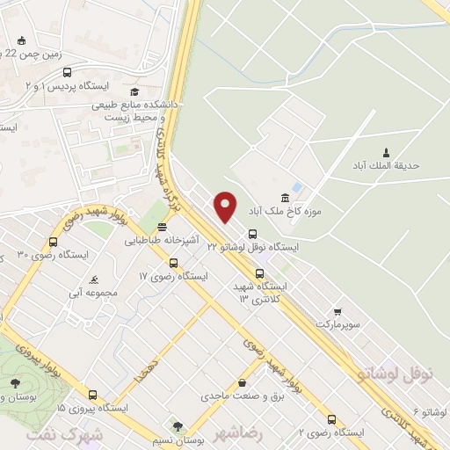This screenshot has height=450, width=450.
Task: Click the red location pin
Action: (x=226, y=206)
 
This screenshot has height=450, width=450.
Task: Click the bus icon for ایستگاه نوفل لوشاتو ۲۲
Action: (x=253, y=234)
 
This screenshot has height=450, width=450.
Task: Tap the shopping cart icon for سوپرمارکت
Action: (x=337, y=311)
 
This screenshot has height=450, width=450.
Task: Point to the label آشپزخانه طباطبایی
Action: (x=162, y=239)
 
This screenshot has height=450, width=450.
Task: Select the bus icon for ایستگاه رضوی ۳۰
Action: (x=54, y=242)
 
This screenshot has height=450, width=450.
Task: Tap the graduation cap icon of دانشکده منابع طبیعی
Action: (x=134, y=91)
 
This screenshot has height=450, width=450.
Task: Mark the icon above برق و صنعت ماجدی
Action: (x=242, y=383)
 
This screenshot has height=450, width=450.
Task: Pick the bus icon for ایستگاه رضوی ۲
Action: (x=330, y=419)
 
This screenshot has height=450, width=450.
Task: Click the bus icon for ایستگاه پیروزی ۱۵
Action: (x=93, y=395)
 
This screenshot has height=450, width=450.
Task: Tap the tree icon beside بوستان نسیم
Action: (x=178, y=427)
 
